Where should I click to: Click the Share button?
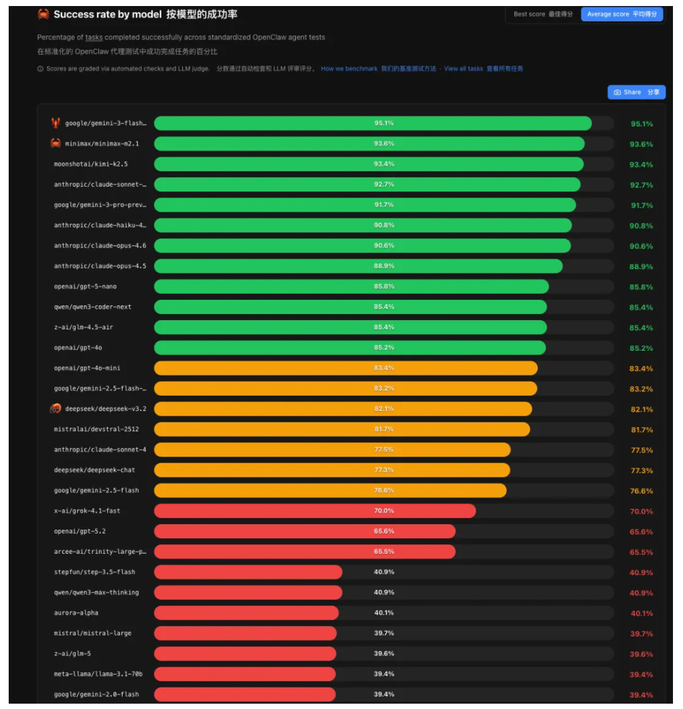(x=636, y=92)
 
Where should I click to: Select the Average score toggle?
(x=621, y=14)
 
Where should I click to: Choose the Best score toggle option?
(x=542, y=14)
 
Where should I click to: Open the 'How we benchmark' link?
(x=349, y=69)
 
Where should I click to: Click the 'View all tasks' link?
(x=463, y=69)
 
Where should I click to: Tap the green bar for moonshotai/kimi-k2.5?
(x=368, y=164)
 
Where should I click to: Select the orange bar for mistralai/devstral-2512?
(x=341, y=429)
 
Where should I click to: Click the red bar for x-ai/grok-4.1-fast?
(x=315, y=511)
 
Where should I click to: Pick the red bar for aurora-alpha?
(x=246, y=613)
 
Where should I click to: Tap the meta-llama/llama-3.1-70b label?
(x=98, y=674)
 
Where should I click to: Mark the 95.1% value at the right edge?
(x=641, y=124)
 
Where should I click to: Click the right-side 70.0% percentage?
(x=641, y=511)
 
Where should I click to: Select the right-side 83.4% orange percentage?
(x=641, y=369)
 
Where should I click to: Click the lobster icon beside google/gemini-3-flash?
(x=56, y=123)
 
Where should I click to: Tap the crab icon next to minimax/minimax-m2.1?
(x=56, y=143)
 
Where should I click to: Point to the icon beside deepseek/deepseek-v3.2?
(x=56, y=408)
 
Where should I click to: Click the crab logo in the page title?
(x=44, y=14)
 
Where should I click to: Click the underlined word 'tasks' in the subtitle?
(x=94, y=37)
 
